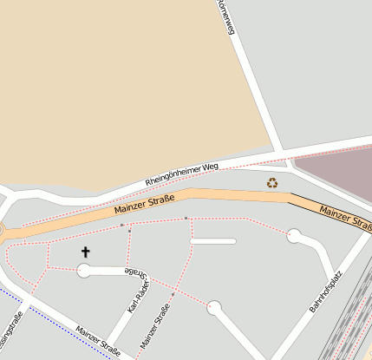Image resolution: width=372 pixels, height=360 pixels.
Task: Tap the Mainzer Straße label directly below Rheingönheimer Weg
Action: click(x=144, y=206)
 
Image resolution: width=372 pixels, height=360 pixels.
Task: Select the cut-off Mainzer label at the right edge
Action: click(x=345, y=218)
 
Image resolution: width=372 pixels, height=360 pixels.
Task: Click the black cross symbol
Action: click(x=85, y=252)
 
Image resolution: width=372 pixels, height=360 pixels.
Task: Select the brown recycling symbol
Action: click(x=272, y=183)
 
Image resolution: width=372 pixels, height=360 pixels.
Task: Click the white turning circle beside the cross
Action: click(x=84, y=272)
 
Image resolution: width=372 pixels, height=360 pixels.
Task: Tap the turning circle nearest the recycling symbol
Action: click(x=295, y=235)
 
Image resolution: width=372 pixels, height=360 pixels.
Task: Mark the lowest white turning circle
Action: click(x=214, y=307)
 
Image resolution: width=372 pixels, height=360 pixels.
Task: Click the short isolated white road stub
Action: click(x=213, y=241)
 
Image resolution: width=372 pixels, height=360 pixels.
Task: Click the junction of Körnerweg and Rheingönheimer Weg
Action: click(x=282, y=154)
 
